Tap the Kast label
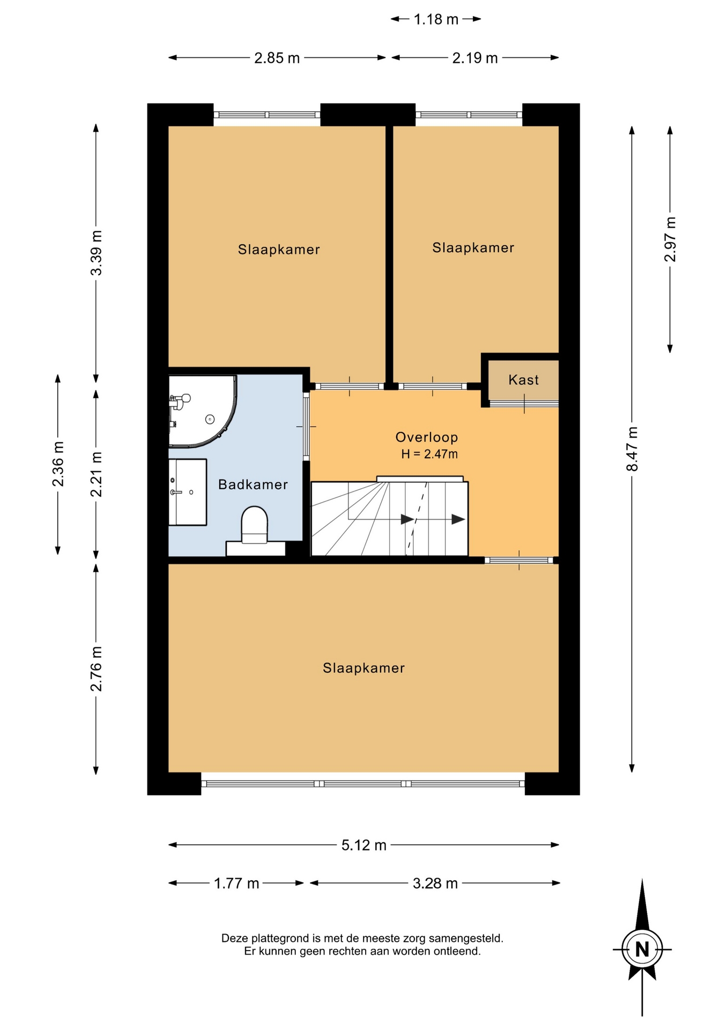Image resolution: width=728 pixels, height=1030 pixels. click(x=524, y=380)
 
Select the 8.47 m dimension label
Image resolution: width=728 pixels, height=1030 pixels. click(x=633, y=448)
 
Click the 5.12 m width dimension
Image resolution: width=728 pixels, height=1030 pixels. click(x=364, y=845)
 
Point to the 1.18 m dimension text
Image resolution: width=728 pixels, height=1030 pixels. click(x=436, y=19)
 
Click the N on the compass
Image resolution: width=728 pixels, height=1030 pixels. click(x=642, y=950)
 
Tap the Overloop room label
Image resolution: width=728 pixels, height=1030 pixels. click(x=427, y=437)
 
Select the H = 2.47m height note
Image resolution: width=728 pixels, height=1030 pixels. click(x=429, y=454)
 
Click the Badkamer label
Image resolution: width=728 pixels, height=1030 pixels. click(x=253, y=484)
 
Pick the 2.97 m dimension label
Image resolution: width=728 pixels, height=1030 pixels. click(x=670, y=239)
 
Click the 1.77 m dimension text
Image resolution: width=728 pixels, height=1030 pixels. click(x=236, y=883)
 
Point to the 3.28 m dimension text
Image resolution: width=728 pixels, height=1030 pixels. click(x=435, y=883)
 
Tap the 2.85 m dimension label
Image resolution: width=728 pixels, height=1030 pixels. click(x=277, y=58)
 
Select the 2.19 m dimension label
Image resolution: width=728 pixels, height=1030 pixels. click(x=475, y=58)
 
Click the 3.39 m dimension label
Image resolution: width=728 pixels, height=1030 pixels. click(x=96, y=253)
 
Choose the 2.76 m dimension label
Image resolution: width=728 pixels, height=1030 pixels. click(x=96, y=669)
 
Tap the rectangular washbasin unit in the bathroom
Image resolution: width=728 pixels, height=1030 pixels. click(x=188, y=492)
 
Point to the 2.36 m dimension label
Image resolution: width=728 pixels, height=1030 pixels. click(x=58, y=464)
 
